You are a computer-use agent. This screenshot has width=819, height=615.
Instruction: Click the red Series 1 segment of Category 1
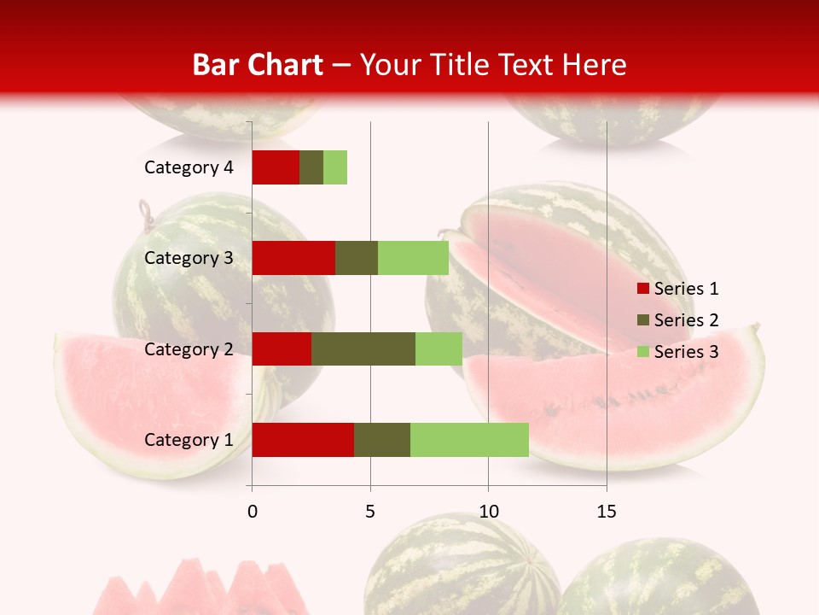(303, 440)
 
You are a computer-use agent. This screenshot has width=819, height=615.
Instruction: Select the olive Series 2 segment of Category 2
(363, 348)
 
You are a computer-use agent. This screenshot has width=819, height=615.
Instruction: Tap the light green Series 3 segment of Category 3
(413, 258)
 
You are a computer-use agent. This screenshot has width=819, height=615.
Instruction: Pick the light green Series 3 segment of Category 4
(335, 167)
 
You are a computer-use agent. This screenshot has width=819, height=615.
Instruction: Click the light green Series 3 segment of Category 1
(469, 440)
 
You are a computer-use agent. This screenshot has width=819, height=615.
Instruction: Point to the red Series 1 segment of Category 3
(293, 258)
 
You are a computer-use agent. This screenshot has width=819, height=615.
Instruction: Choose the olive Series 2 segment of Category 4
(311, 167)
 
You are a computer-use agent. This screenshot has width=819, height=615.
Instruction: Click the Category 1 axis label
(189, 440)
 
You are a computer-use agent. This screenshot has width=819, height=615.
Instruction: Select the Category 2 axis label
(189, 348)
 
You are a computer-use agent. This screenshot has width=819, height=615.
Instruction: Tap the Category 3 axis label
(189, 258)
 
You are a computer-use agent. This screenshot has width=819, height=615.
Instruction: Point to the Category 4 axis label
(189, 167)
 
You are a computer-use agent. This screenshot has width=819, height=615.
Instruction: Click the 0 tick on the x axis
(253, 512)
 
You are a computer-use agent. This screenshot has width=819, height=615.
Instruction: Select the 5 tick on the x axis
(370, 512)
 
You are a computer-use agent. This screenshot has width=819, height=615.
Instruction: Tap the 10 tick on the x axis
(488, 512)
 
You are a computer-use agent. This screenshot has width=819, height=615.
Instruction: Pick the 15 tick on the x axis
(607, 512)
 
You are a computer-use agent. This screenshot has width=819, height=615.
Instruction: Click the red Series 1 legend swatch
(643, 289)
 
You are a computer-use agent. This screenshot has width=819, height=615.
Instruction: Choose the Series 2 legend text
(686, 320)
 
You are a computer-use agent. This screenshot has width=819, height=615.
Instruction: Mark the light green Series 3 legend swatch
(643, 352)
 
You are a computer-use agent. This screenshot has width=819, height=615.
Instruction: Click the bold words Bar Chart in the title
(257, 65)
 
